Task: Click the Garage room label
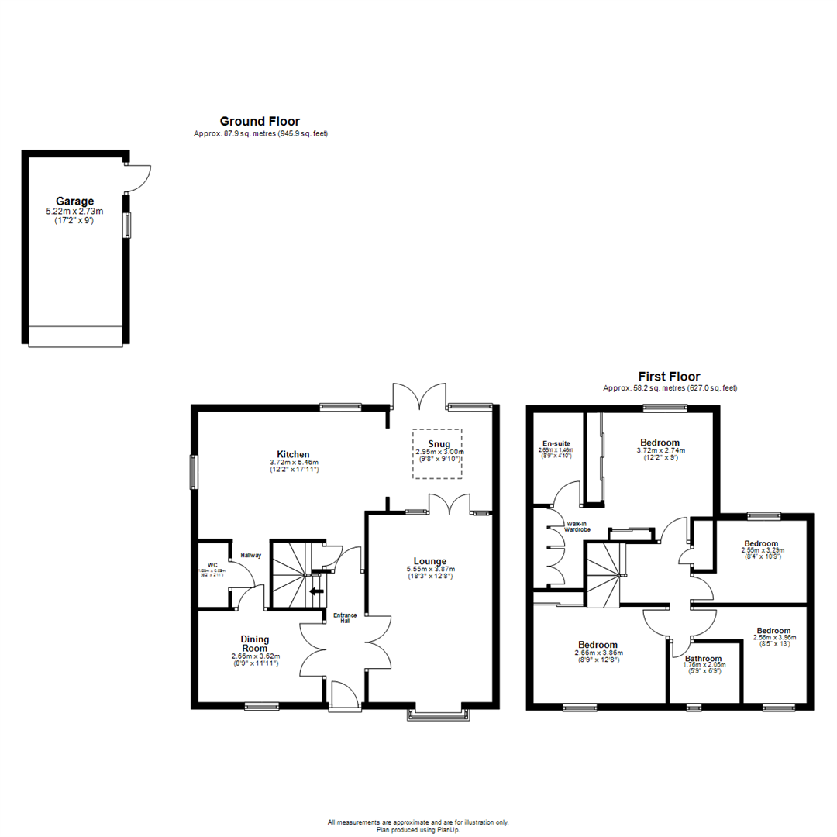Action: click(74, 201)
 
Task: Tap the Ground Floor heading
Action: click(260, 121)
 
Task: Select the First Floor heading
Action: click(669, 377)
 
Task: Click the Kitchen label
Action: click(294, 454)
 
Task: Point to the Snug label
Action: click(439, 443)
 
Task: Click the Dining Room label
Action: click(255, 643)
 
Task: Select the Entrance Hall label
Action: click(346, 618)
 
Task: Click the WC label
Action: click(211, 565)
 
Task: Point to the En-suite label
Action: click(555, 443)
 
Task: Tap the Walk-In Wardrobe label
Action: click(577, 526)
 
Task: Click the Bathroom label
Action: click(703, 659)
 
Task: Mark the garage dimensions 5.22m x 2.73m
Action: click(74, 211)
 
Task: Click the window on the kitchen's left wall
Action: click(194, 472)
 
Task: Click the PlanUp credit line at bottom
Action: click(418, 828)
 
